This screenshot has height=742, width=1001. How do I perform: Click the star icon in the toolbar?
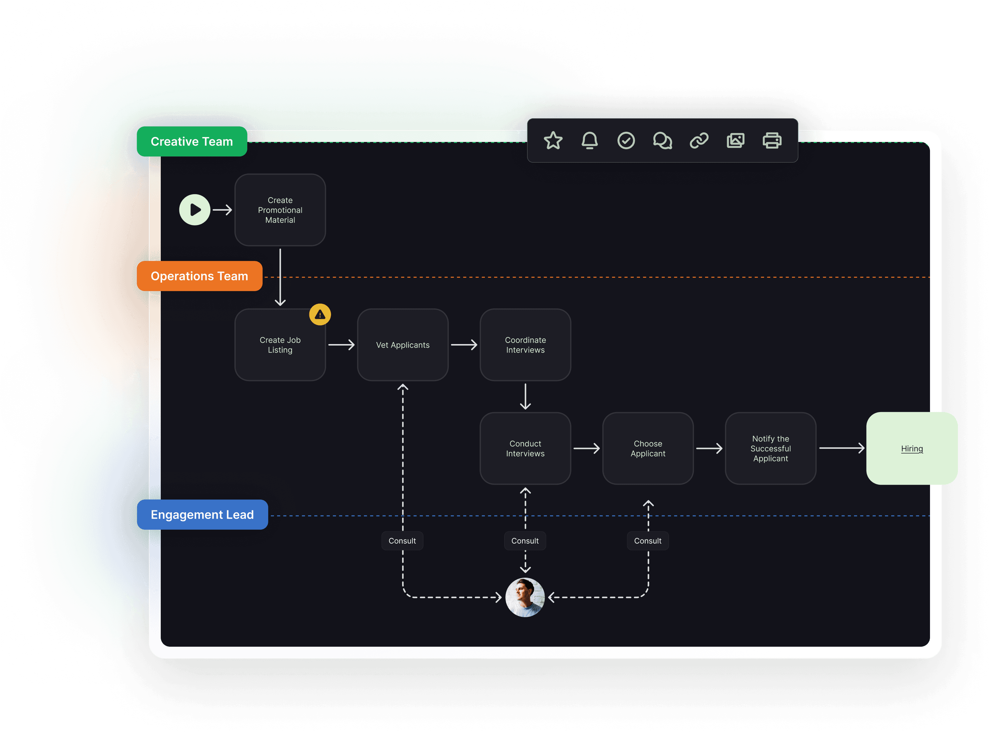[x=553, y=141]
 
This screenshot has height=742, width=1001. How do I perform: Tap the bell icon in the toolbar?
[x=589, y=141]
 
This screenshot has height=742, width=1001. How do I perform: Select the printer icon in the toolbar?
[x=772, y=141]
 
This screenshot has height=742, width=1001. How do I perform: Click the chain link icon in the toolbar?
[x=699, y=141]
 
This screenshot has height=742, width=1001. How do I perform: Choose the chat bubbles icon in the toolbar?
[x=662, y=141]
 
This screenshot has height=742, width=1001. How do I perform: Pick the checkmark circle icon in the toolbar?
[x=626, y=141]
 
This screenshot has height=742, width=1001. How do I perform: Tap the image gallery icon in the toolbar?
[x=735, y=141]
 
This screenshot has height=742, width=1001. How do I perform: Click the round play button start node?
[x=195, y=210]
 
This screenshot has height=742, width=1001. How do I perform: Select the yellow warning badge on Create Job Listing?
[x=320, y=315]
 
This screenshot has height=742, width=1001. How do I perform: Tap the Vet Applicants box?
[x=403, y=345]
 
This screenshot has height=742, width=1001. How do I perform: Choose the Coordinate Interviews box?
[x=525, y=345]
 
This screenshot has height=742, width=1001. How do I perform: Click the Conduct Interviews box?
[x=525, y=448]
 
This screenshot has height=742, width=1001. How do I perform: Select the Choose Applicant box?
[x=648, y=448]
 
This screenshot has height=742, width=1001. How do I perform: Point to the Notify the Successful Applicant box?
[x=771, y=448]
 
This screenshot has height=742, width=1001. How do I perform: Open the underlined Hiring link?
[x=912, y=449]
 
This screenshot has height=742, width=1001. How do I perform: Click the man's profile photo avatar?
[x=525, y=597]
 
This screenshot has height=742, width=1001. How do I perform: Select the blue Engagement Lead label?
[x=202, y=515]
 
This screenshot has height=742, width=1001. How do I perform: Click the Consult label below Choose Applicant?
[x=647, y=541]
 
